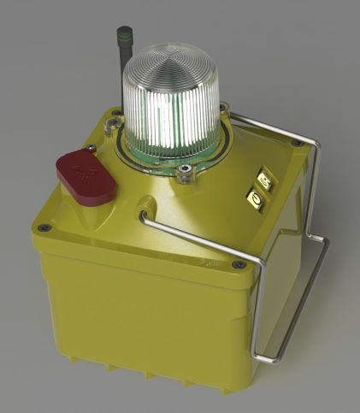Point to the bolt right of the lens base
click(x=224, y=108)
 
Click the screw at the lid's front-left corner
click(x=47, y=228)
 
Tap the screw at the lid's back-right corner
click(x=296, y=144)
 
